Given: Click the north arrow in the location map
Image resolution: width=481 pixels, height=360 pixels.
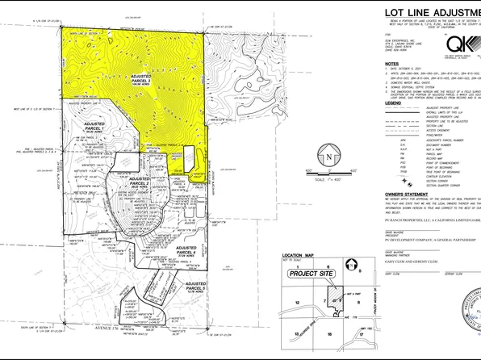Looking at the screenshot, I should click(352, 265).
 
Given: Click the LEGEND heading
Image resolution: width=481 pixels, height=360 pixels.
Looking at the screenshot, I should click(394, 104).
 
